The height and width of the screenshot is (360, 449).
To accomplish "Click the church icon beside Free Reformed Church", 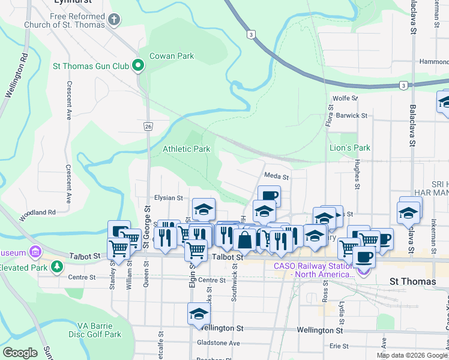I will tap(114, 21).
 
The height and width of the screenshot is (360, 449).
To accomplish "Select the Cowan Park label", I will tap(172, 56).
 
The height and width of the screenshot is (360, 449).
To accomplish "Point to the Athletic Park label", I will tap(187, 148).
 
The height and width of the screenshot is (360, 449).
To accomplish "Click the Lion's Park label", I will tap(350, 148).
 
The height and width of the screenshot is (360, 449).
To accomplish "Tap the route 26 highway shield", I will tap(148, 126).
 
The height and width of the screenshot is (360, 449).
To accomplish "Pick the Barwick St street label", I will tap(351, 115).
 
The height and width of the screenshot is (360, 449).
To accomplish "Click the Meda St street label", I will tap(277, 177).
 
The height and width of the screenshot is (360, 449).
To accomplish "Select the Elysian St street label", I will tap(168, 197).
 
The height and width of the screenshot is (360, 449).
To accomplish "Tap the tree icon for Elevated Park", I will tap(57, 266).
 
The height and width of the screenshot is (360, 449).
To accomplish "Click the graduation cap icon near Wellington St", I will tap(199, 314).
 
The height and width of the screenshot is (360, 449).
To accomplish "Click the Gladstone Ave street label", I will tap(218, 343).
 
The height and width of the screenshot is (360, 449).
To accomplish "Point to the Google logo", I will tap(20, 353).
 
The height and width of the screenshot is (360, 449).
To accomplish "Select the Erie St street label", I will tap(339, 346).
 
